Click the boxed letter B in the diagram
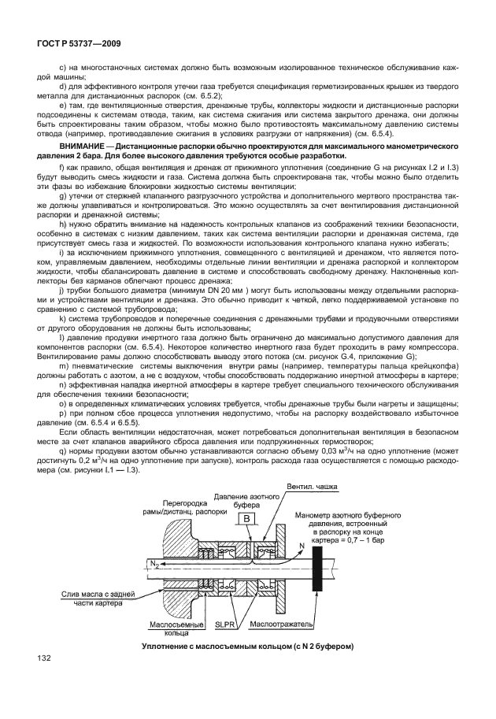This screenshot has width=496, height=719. (246, 518)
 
